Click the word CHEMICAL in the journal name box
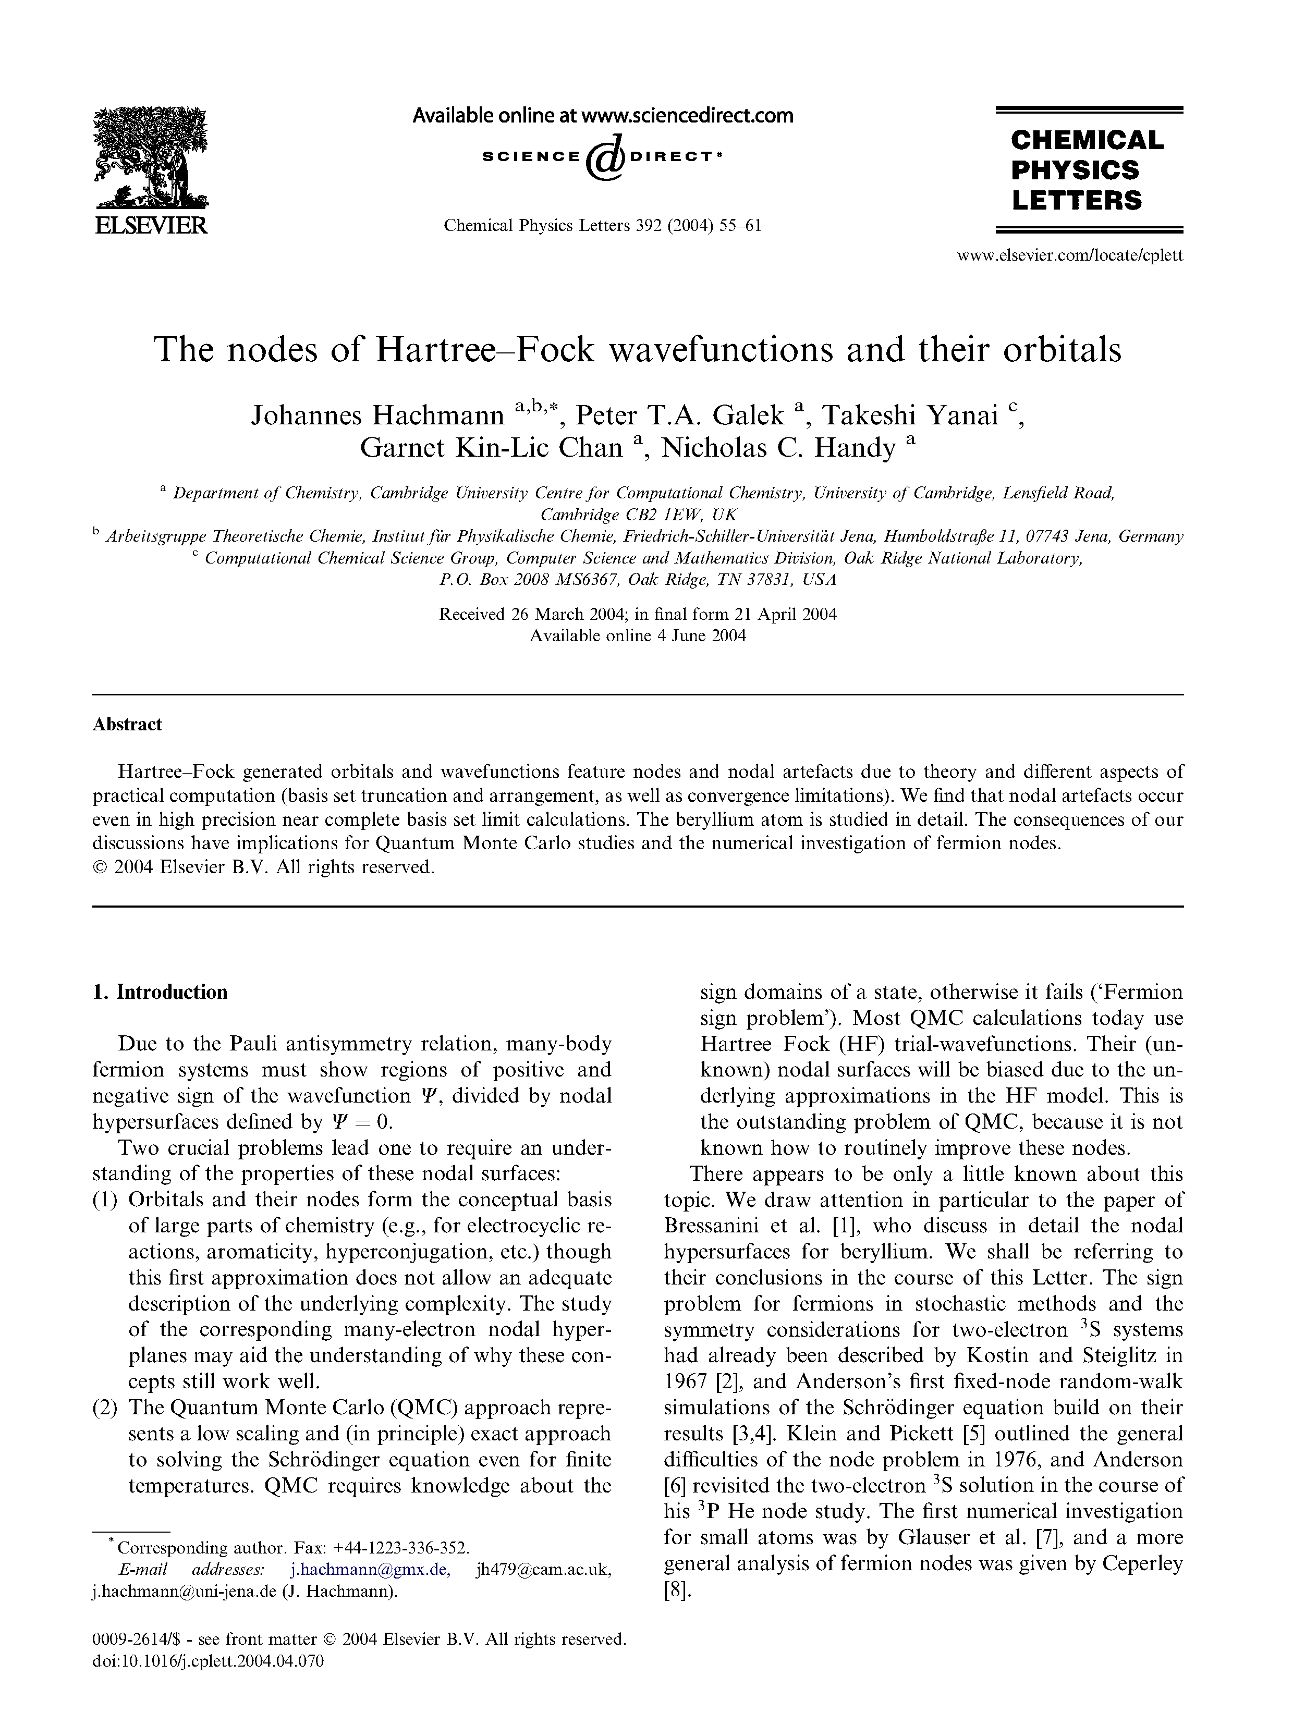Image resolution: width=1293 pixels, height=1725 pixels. (x=1087, y=140)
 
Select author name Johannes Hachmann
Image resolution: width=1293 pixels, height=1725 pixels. (x=377, y=415)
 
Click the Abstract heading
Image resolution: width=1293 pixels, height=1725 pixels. (x=127, y=725)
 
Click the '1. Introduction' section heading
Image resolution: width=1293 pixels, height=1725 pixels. (x=160, y=992)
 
